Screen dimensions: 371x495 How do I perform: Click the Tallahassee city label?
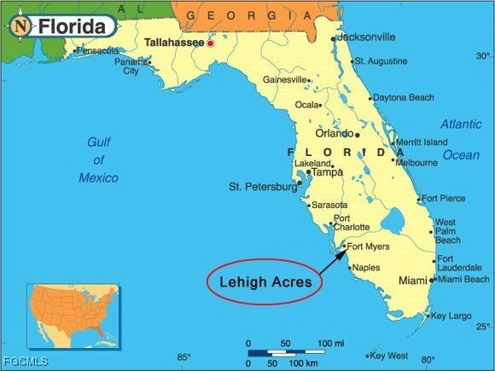click(x=174, y=42)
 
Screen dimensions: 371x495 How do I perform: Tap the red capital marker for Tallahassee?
click(x=210, y=43)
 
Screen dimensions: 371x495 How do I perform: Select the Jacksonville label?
click(x=366, y=38)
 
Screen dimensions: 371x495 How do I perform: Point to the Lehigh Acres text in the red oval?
click(x=264, y=280)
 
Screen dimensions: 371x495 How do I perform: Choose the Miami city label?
click(x=413, y=281)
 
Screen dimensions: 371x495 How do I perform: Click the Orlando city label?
click(x=335, y=134)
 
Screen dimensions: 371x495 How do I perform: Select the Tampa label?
click(x=327, y=172)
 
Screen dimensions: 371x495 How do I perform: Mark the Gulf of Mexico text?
click(x=99, y=159)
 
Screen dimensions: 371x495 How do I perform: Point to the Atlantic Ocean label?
click(x=461, y=139)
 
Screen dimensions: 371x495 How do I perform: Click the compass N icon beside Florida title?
click(x=20, y=26)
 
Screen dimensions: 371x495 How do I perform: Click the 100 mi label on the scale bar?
click(x=331, y=343)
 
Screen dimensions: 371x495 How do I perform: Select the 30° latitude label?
click(x=483, y=56)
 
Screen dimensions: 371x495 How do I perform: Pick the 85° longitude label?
click(x=183, y=357)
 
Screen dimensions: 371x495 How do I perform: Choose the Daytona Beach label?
click(x=403, y=98)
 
